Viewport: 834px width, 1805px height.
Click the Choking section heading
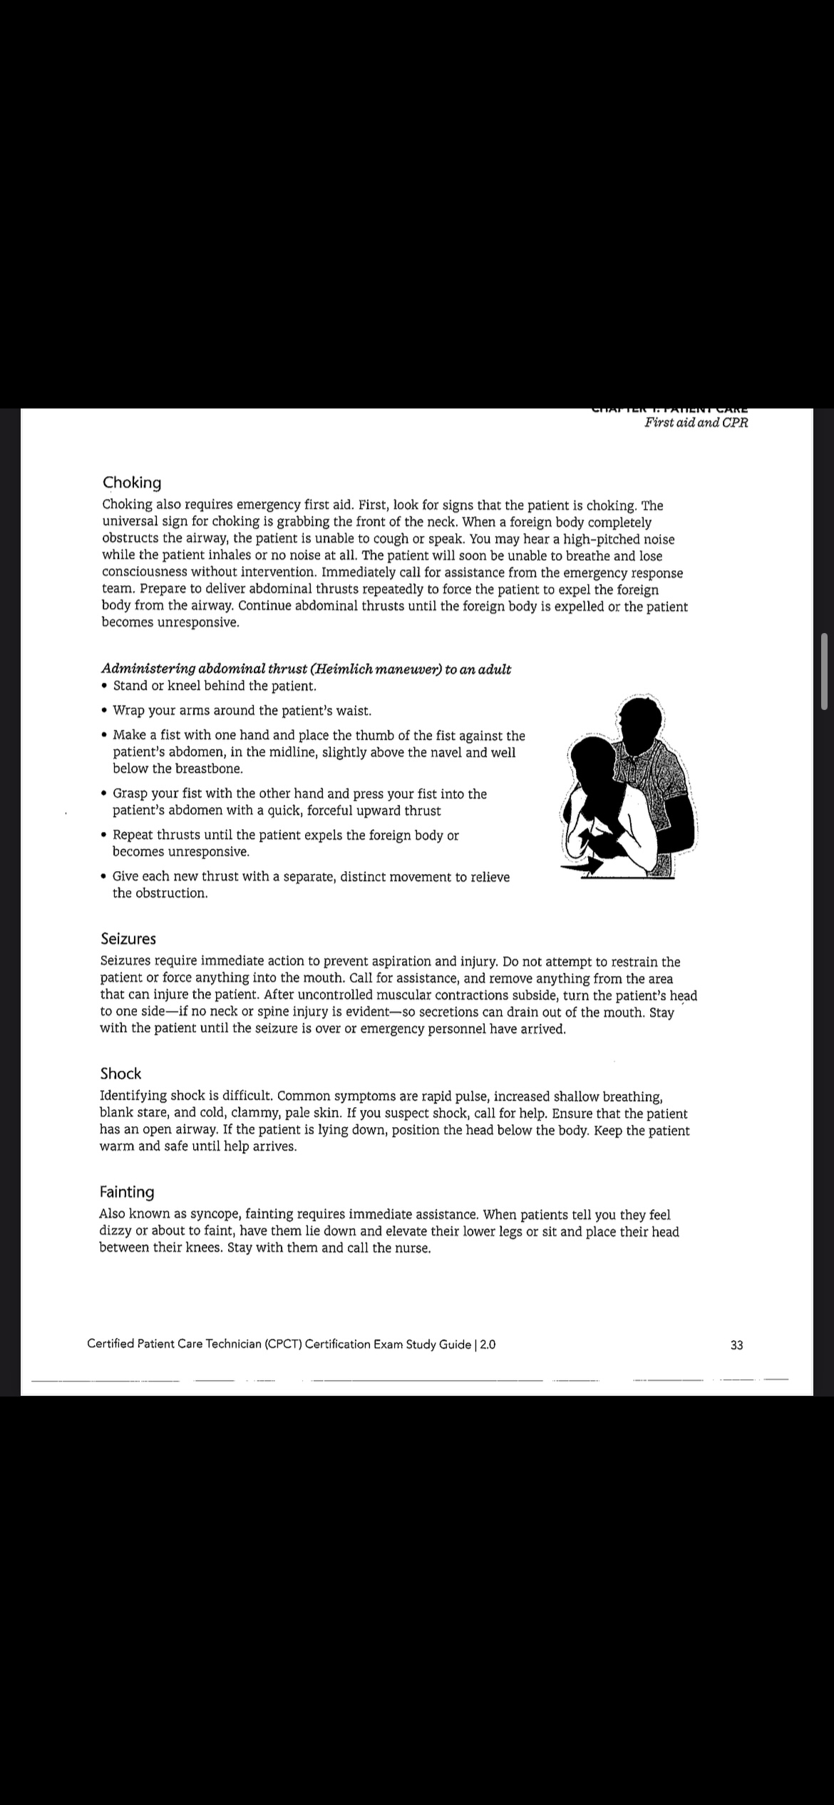point(132,483)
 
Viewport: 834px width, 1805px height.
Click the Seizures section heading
point(128,939)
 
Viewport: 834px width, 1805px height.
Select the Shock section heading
point(120,1074)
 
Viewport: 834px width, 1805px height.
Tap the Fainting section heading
point(127,1192)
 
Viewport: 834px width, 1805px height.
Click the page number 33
point(737,1345)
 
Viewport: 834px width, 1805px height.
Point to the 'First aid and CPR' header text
point(696,422)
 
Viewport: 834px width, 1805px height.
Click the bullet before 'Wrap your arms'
point(105,711)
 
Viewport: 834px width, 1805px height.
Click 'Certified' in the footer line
point(110,1344)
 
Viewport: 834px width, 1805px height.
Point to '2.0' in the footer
point(488,1344)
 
